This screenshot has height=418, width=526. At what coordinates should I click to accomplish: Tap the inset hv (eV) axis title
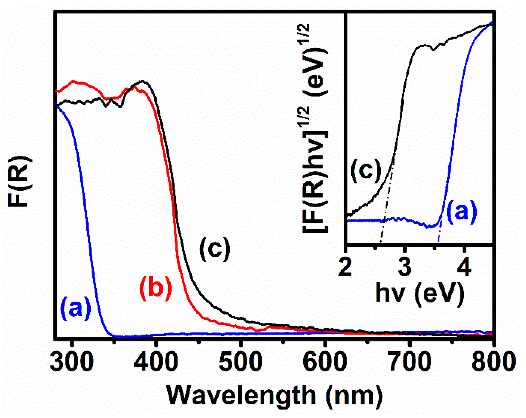click(420, 293)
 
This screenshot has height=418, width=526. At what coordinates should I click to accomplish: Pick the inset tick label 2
click(345, 267)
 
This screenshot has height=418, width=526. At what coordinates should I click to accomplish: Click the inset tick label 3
click(405, 267)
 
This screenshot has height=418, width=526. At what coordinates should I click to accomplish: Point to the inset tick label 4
click(464, 267)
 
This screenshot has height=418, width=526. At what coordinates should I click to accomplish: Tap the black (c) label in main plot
click(215, 249)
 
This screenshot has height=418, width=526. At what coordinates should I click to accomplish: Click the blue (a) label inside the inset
click(462, 211)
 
